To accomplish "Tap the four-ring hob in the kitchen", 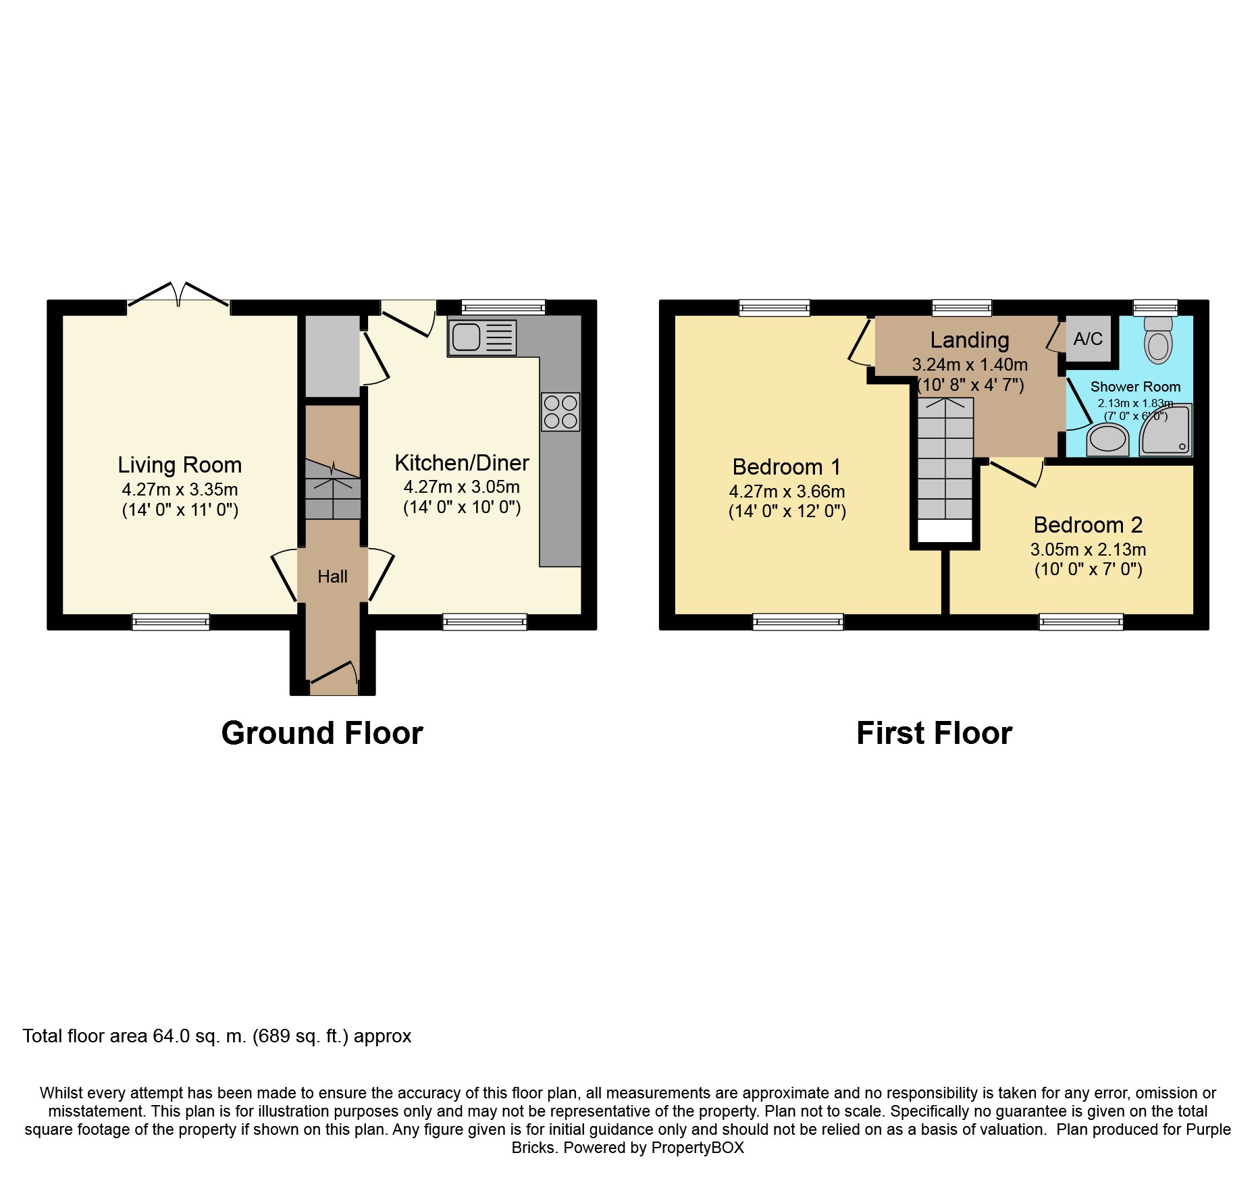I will click(560, 412).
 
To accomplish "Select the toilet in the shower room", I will click(1158, 341).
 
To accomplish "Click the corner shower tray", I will click(1166, 431).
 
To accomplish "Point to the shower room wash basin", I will click(1108, 440).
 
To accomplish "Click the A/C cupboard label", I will click(1088, 339).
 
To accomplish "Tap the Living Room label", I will click(180, 465).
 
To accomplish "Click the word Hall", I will click(332, 577).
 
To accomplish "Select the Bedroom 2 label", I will click(1088, 525).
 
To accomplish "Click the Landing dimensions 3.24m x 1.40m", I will click(970, 365).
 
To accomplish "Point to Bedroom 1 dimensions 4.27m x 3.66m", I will click(787, 491).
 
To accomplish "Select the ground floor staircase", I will click(332, 489).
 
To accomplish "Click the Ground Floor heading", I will click(322, 733).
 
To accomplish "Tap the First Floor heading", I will click(934, 733).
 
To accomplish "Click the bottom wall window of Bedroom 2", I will click(1080, 622).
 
